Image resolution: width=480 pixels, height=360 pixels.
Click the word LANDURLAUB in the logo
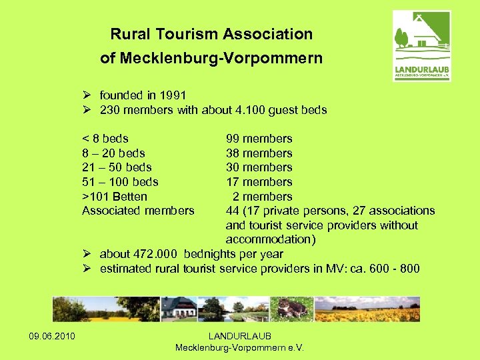point(422,68)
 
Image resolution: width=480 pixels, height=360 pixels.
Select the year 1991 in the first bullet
point(173,95)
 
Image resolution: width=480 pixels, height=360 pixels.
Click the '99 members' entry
point(259,139)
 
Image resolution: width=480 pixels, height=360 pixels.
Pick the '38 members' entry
point(259,153)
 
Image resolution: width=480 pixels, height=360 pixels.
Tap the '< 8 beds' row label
point(105,139)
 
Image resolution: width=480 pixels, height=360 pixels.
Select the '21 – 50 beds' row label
point(117,167)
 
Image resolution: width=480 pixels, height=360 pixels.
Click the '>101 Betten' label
point(114,197)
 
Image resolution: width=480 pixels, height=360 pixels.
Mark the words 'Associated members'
point(138,211)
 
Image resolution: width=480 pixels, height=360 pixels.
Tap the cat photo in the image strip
point(292,309)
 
